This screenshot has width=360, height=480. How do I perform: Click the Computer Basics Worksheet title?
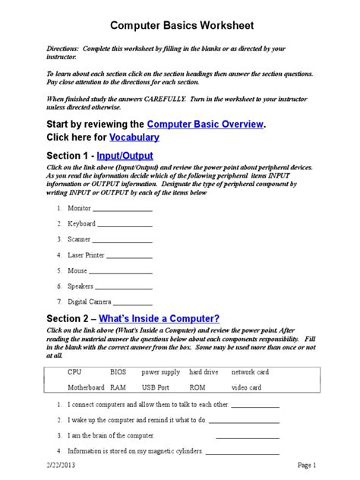(180, 26)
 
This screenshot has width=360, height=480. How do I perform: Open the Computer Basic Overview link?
(206, 124)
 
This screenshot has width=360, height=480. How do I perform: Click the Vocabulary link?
(124, 137)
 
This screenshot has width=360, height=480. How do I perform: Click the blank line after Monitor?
(122, 208)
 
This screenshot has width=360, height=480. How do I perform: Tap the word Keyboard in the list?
(81, 224)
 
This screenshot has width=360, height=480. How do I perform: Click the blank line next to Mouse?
(120, 271)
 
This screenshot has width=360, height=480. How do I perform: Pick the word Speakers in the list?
(81, 286)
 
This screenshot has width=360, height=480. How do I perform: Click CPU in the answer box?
(74, 372)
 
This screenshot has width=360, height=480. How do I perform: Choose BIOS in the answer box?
(118, 372)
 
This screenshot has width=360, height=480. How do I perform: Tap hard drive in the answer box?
(204, 372)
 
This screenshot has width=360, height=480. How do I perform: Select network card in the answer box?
(250, 372)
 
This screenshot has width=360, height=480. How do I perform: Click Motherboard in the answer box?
(85, 387)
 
